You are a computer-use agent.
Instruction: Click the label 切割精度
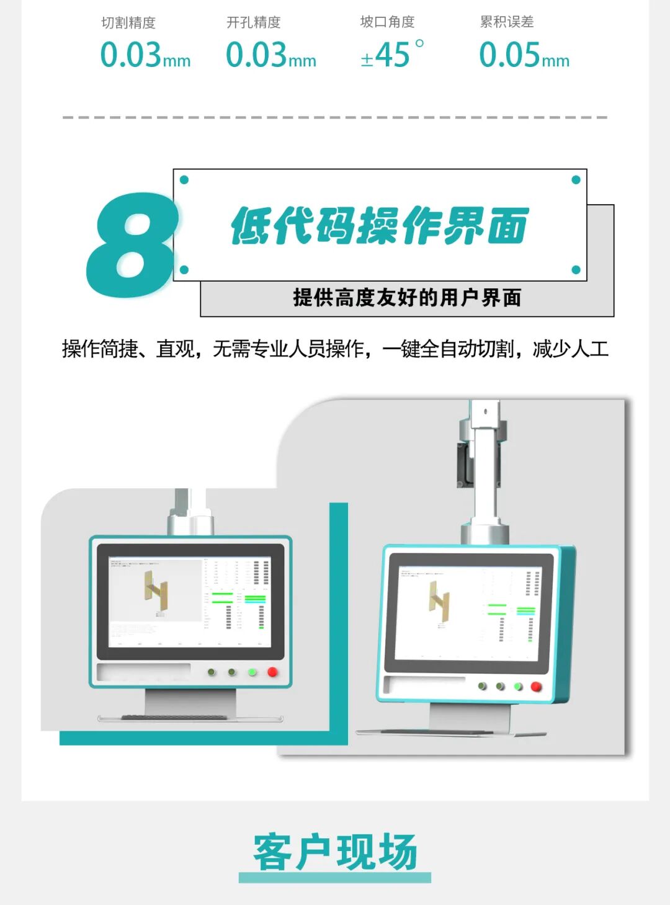128,23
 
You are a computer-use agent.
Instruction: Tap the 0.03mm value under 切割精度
145,55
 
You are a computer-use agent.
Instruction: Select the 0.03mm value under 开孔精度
270,55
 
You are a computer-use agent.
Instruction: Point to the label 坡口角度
387,22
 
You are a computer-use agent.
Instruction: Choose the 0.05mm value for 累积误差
524,55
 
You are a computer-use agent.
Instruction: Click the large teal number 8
132,246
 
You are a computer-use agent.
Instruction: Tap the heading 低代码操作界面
379,226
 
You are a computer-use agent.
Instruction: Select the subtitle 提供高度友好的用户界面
407,298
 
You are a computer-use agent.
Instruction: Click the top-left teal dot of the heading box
184,180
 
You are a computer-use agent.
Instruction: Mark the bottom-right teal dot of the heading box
576,270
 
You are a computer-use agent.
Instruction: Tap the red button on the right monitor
537,686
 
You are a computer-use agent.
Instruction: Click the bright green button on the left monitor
252,672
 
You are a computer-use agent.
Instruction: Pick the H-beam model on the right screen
439,600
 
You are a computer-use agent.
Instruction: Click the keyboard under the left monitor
190,718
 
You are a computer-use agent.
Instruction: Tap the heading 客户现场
335,852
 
